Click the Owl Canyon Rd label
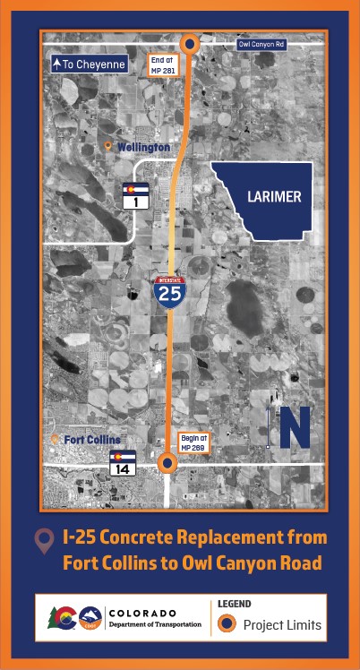tap(262, 44)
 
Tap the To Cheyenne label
tap(88, 64)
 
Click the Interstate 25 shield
tap(169, 292)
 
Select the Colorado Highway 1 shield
tap(135, 196)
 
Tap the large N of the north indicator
tap(295, 427)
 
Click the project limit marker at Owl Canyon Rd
tap(190, 44)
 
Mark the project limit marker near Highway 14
tap(167, 463)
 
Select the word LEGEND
tap(234, 605)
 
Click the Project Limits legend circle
tap(228, 624)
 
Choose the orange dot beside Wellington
tap(108, 146)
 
